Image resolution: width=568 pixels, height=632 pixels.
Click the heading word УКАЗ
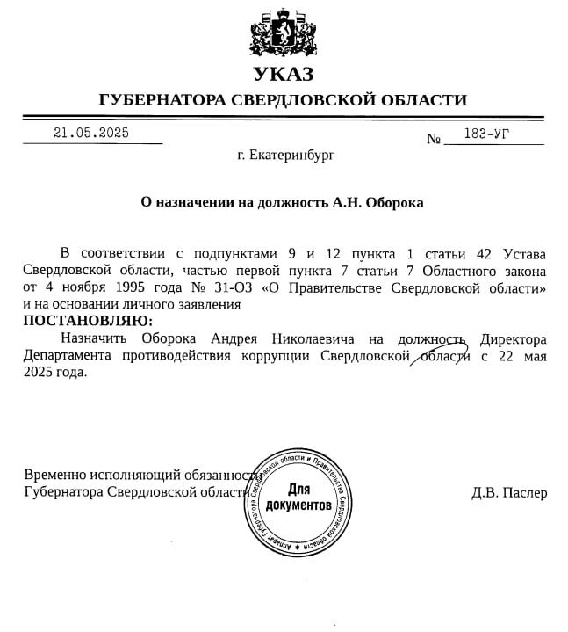[x=283, y=75]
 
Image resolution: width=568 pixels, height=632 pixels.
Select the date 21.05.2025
[x=91, y=134]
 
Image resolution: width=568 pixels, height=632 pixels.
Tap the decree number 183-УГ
[x=488, y=134]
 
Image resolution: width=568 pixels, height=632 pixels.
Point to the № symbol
[x=433, y=139]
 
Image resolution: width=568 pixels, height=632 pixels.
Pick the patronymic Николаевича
[x=313, y=338]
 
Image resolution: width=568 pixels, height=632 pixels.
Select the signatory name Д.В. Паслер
[x=509, y=492]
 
